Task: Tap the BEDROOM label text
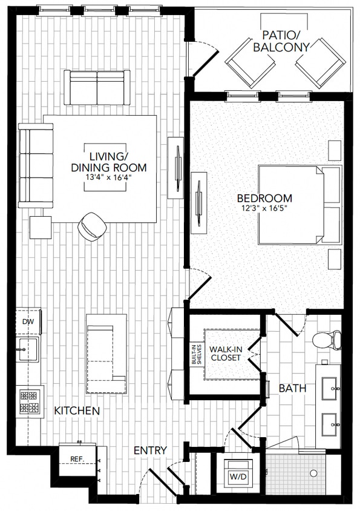tap(264, 198)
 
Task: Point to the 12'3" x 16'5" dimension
tap(264, 209)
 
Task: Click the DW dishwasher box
tap(28, 322)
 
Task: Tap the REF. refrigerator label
tap(76, 460)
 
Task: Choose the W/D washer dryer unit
tap(237, 476)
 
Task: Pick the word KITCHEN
tap(77, 411)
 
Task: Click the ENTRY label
tap(150, 450)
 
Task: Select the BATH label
tap(292, 389)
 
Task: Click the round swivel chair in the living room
tap(92, 226)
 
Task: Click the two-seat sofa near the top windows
tap(97, 87)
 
